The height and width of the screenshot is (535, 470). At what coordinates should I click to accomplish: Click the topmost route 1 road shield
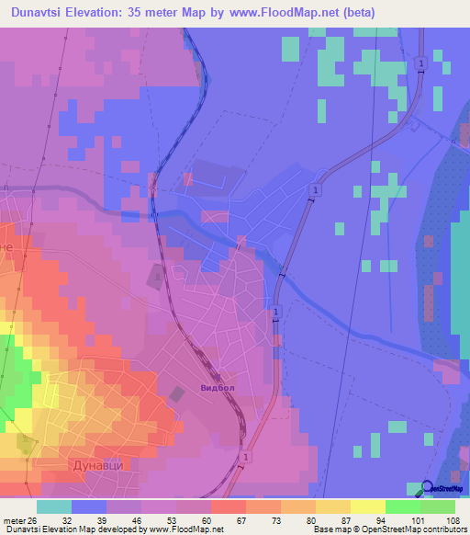click(x=420, y=63)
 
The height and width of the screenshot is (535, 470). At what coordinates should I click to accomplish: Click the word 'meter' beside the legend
click(x=16, y=519)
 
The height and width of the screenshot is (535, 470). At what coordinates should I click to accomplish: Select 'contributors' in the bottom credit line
click(x=444, y=529)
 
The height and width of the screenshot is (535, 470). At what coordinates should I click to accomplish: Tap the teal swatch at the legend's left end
click(x=53, y=507)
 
